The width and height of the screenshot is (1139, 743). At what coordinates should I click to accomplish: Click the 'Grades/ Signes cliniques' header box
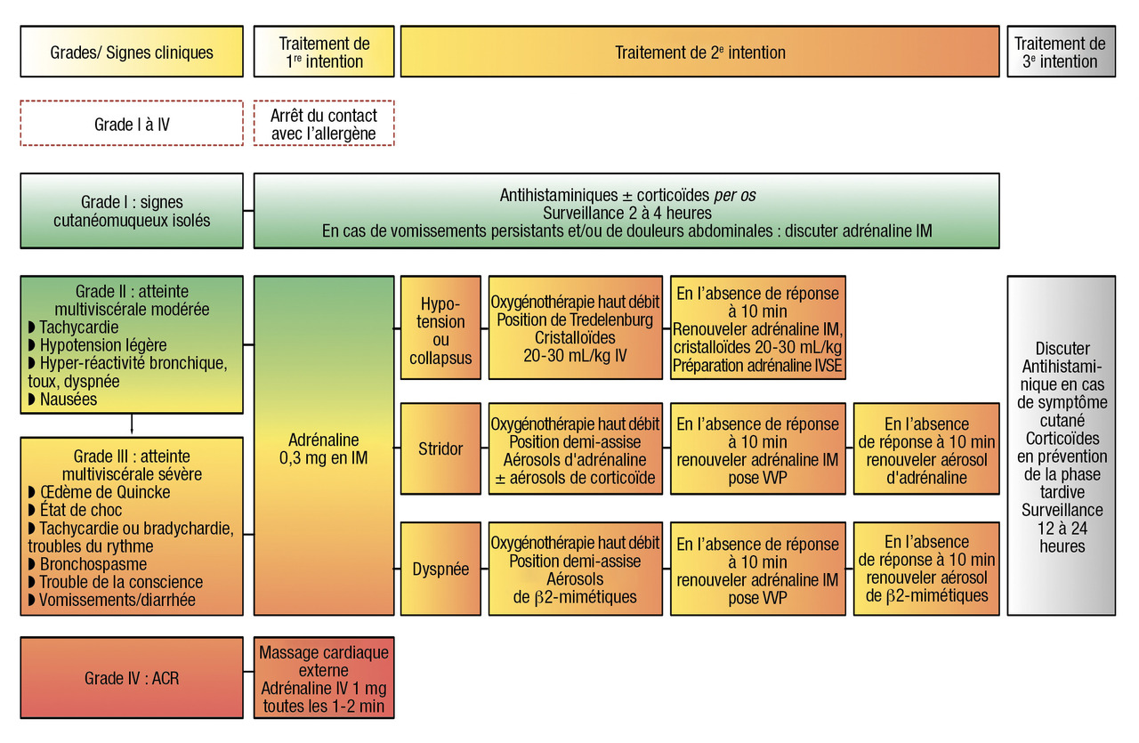pos(132,52)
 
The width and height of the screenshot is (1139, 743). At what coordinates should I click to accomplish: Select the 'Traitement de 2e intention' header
pos(699,52)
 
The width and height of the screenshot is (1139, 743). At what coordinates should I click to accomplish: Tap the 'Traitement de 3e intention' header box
pos(1060,52)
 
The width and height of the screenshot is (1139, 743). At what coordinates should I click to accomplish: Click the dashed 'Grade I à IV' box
pos(132,124)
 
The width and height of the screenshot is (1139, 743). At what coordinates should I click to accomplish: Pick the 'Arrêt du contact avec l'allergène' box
pos(323,124)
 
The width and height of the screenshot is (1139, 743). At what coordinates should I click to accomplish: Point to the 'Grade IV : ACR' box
pos(132,678)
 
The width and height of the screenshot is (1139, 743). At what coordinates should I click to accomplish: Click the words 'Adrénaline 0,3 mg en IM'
pos(323,449)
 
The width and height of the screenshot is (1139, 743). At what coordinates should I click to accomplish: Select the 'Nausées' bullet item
pos(68,400)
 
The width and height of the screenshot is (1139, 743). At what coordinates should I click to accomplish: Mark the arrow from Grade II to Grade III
pos(132,425)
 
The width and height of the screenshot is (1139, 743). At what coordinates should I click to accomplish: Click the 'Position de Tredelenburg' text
pos(575,320)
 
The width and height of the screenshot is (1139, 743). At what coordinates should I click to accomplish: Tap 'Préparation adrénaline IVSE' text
pos(756,365)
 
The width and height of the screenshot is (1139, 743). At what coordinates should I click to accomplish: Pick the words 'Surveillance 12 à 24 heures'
pos(1062,528)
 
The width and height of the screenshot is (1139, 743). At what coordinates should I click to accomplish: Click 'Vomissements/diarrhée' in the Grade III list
pos(117,600)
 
